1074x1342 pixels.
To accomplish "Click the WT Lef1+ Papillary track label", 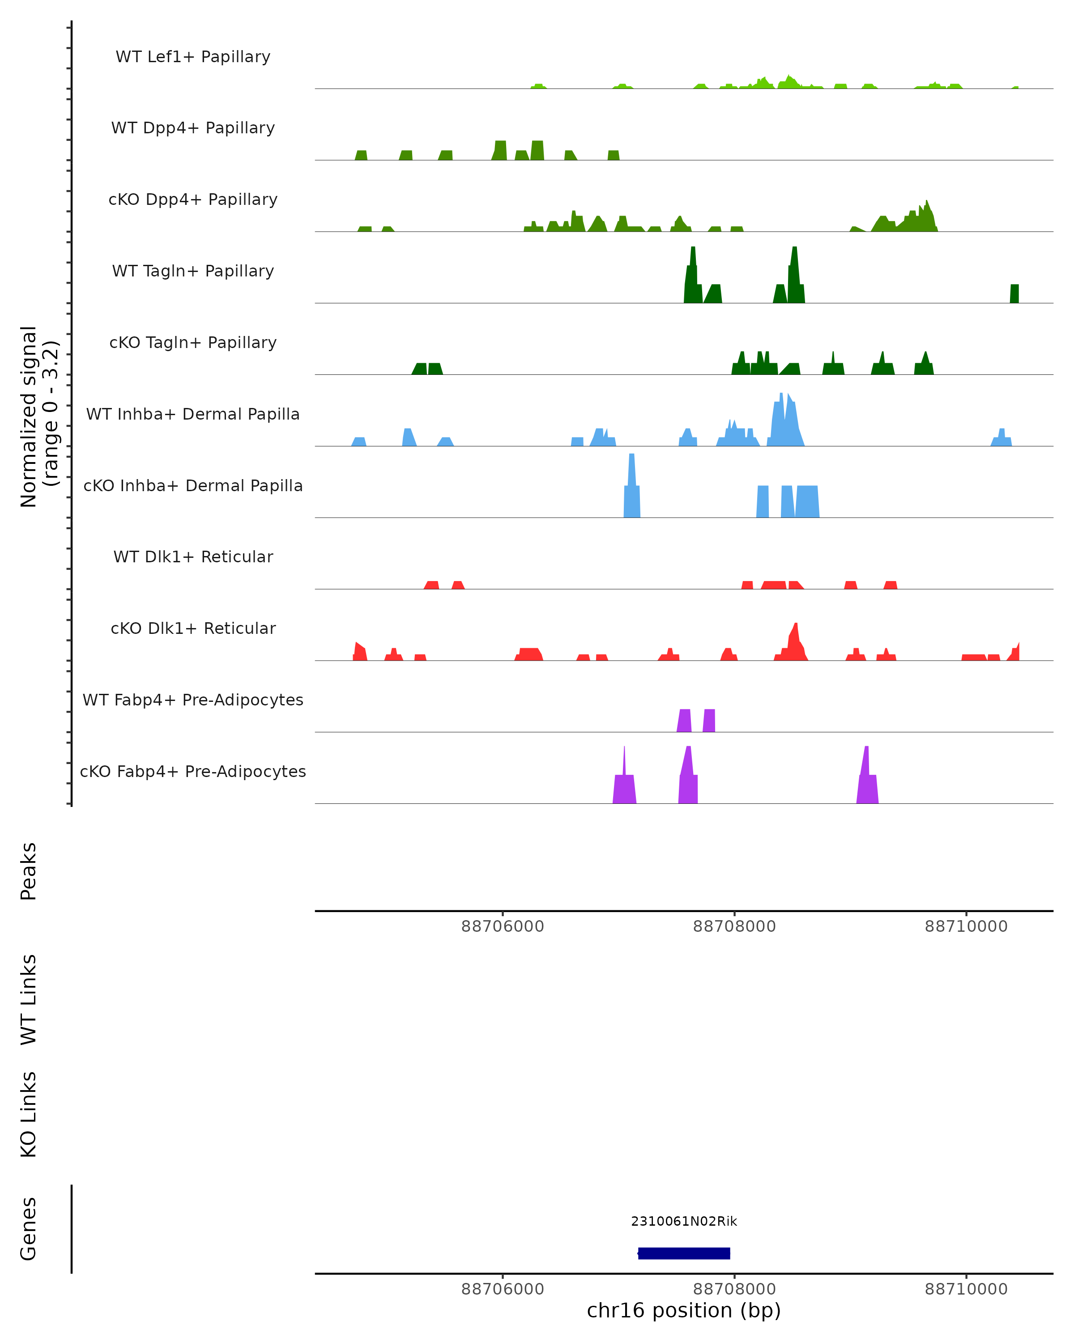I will [x=193, y=57].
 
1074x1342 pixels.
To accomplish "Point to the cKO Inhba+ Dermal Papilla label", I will [x=193, y=485].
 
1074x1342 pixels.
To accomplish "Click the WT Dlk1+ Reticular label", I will [x=193, y=556].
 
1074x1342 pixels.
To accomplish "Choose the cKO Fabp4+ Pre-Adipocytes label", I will [x=193, y=771].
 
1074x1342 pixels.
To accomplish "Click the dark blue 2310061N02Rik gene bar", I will [x=684, y=1253].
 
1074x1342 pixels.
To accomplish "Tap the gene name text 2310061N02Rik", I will [x=684, y=1221].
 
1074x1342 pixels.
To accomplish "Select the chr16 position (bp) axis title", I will [x=684, y=1310].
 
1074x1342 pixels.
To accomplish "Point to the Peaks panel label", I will [x=29, y=871].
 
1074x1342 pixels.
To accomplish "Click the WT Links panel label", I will [x=29, y=999].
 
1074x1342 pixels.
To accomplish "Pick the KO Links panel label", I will [x=29, y=1114].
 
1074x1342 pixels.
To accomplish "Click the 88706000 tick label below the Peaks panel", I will [x=503, y=926].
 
